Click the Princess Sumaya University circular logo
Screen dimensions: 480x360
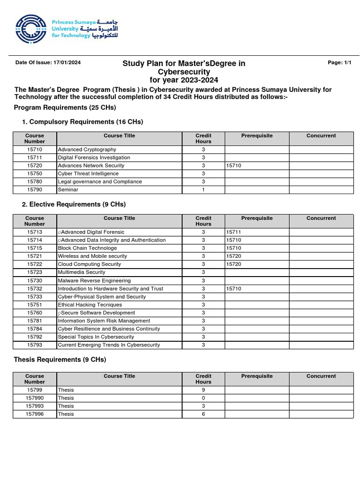click(31, 29)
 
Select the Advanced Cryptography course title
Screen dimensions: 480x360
click(87, 150)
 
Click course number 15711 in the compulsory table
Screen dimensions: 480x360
click(35, 157)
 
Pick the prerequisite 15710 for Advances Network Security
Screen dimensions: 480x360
click(233, 165)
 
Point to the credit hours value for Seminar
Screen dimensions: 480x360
click(203, 190)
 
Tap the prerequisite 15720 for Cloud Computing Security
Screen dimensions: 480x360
click(233, 264)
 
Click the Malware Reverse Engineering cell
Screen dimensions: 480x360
click(87, 280)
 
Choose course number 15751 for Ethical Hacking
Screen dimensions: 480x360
click(35, 305)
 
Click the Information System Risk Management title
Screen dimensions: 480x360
click(104, 321)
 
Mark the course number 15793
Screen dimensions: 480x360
click(35, 345)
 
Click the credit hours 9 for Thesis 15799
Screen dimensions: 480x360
click(203, 390)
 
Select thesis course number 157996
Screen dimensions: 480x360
click(35, 414)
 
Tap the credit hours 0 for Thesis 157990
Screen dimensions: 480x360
click(203, 398)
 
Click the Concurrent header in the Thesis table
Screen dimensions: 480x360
click(321, 376)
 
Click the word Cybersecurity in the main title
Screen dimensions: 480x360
click(184, 72)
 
